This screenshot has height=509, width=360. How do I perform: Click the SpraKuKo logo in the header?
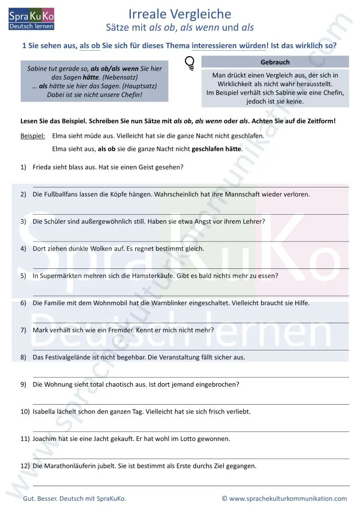(31, 19)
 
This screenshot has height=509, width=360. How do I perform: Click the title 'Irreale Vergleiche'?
(180, 13)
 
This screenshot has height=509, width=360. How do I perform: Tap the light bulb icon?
(190, 63)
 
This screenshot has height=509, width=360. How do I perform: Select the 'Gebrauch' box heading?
(275, 62)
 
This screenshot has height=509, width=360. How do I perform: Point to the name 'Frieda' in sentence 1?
(43, 168)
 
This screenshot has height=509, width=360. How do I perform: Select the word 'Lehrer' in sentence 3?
(254, 222)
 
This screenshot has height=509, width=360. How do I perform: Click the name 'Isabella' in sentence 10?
(45, 412)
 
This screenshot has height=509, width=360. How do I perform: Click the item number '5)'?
(23, 276)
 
